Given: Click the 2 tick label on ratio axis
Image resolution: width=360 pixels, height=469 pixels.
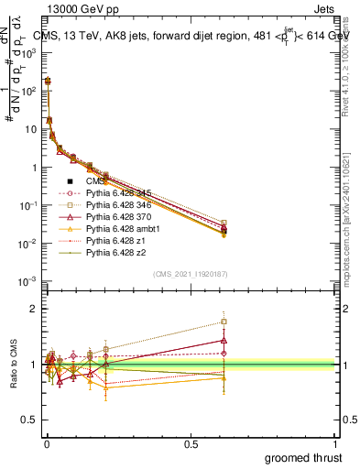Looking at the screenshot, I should click(x=32, y=309).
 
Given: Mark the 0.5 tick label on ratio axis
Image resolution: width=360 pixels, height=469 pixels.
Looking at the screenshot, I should click(x=28, y=420).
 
